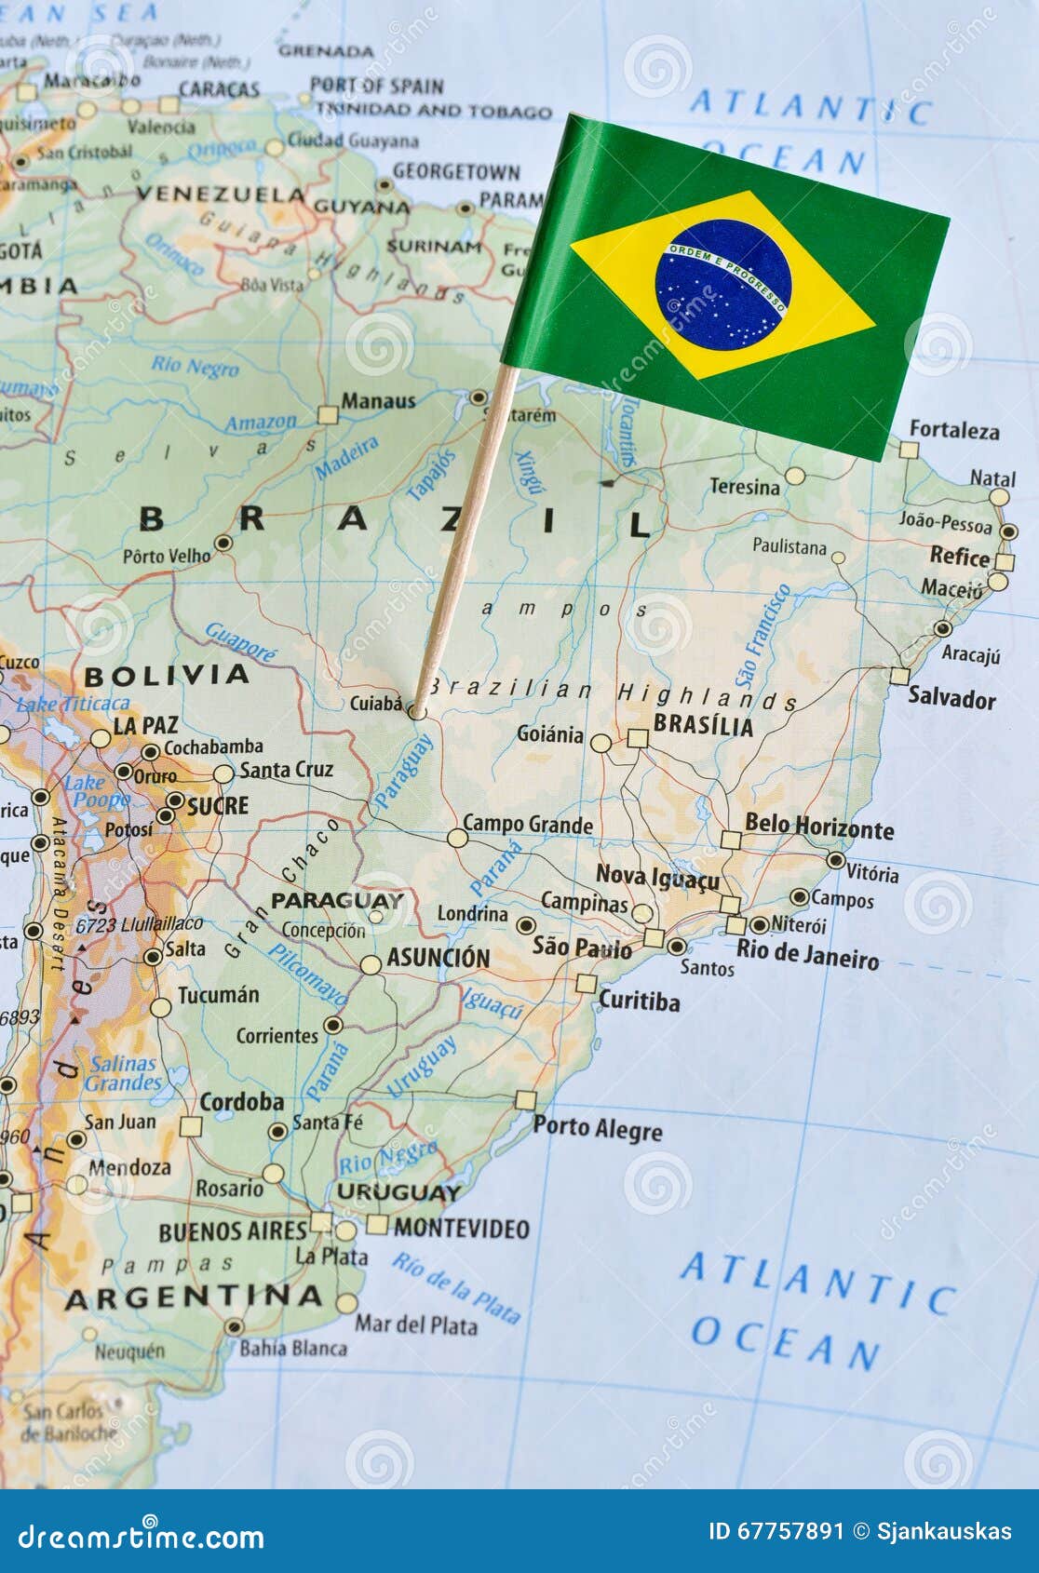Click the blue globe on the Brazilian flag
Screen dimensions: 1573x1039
723,285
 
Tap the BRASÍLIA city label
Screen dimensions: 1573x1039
703,725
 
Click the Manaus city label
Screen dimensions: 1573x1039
378,401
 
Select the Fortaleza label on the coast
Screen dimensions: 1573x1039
953,430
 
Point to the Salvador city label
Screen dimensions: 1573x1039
951,698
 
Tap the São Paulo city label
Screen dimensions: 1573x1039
582,948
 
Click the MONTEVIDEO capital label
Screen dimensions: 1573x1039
461,1229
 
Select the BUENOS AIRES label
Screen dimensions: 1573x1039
233,1231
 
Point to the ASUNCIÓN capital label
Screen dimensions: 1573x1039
438,957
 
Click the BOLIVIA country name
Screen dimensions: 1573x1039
167,675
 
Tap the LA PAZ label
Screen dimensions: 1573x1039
145,725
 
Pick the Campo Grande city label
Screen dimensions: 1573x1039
527,825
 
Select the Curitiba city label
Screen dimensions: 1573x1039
639,1001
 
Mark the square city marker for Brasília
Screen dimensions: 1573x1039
637,739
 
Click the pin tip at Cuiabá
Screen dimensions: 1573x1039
416,713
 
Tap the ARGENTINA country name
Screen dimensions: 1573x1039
194,1297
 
